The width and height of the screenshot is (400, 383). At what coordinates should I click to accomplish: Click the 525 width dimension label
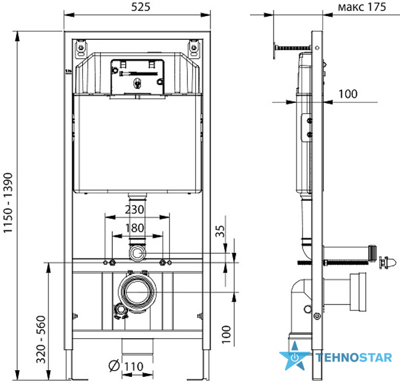(140, 7)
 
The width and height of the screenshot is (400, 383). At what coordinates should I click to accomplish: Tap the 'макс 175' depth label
(362, 7)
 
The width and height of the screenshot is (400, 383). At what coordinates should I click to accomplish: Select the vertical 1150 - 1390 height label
(8, 203)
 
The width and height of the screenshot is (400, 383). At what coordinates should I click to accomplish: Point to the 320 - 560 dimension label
(41, 339)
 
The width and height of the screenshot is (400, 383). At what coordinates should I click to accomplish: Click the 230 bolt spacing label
(135, 210)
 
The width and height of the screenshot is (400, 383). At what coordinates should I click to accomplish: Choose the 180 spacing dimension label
(134, 228)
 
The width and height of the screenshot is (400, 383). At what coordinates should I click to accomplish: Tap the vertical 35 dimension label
(220, 231)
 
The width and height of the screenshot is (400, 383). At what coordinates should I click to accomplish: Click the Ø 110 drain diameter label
(126, 366)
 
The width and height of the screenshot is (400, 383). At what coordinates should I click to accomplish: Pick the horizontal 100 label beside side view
(348, 94)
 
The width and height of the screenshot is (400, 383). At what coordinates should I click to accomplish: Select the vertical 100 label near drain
(226, 335)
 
